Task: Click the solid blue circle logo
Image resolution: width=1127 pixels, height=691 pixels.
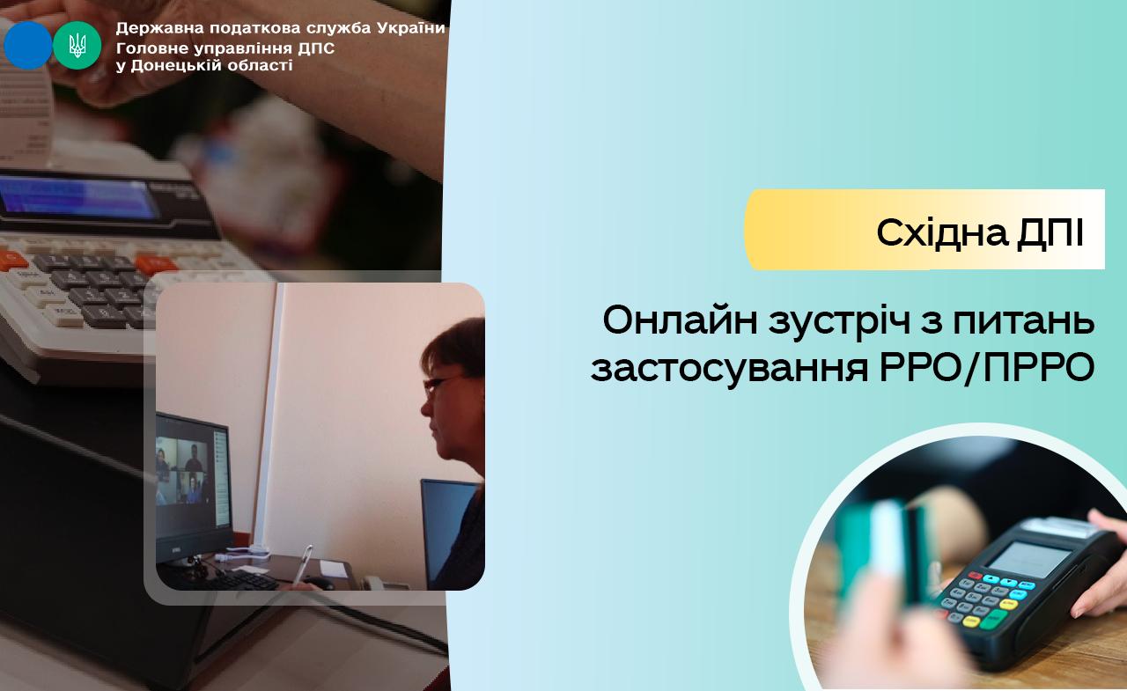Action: tap(28, 45)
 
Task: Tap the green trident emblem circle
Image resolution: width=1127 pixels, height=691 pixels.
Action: tap(77, 45)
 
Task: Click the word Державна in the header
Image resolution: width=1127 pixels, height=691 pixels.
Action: tap(158, 29)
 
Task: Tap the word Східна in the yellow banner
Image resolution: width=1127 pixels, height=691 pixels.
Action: tap(942, 233)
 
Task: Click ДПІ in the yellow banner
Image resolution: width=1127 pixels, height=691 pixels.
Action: tap(1050, 233)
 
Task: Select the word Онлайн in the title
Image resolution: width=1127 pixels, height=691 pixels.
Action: tap(680, 320)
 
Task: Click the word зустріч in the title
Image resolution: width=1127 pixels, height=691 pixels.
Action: tap(839, 322)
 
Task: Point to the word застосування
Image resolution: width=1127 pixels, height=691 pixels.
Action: tap(730, 369)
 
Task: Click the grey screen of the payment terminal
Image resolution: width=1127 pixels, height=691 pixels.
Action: tap(1028, 559)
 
